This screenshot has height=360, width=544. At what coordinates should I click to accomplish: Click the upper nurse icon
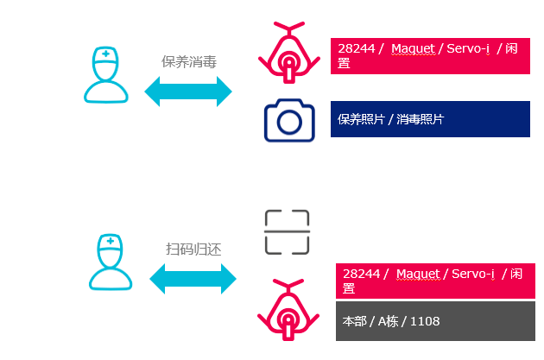[x=106, y=76]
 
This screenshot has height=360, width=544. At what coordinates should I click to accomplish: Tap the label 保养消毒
[x=188, y=61]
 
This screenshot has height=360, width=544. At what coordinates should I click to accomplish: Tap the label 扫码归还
[x=193, y=249]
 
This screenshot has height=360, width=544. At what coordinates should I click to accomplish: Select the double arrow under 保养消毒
[x=188, y=92]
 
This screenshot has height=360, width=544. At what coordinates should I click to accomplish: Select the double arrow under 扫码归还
[x=193, y=278]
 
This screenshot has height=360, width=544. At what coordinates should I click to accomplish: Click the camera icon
[x=288, y=120]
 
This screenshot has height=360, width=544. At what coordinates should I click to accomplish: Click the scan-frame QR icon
[x=286, y=232]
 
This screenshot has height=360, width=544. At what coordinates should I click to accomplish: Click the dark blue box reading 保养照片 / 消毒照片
[x=429, y=119]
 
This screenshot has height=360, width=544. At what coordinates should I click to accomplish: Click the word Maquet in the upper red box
[x=413, y=48]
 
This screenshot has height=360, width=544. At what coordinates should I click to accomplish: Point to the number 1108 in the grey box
[x=425, y=321]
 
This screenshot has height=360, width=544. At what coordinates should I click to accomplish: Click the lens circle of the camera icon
[x=289, y=123]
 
